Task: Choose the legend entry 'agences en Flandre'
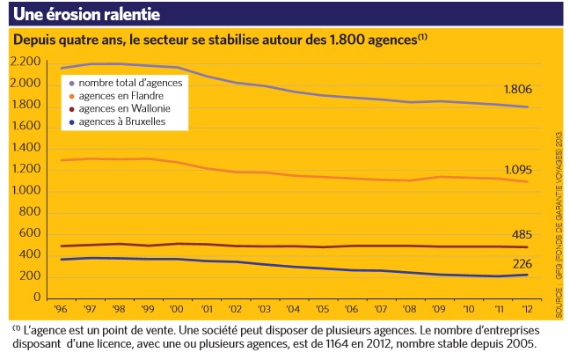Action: [x=122, y=95]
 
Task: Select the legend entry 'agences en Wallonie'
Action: [x=125, y=108]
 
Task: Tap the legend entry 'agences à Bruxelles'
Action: [x=123, y=121]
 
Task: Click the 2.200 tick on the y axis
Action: [x=26, y=62]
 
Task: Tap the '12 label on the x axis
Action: [x=527, y=310]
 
